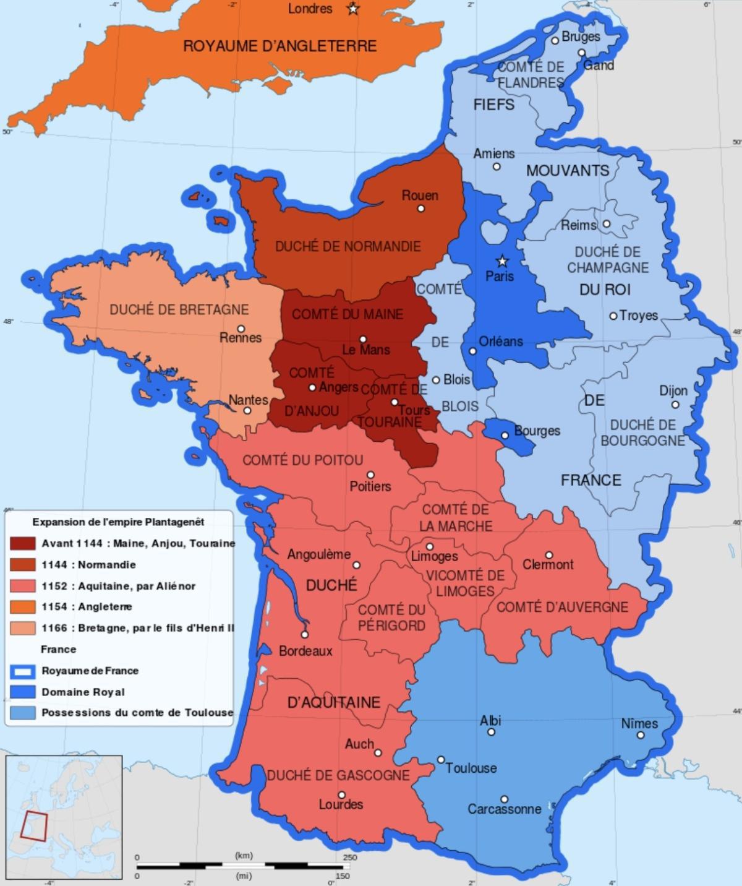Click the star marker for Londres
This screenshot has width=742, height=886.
[353, 9]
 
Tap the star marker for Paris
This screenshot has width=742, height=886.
[502, 261]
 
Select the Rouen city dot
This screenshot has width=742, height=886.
[421, 209]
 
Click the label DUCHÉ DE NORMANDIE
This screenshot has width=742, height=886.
[348, 246]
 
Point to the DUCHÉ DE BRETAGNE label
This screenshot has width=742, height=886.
[179, 309]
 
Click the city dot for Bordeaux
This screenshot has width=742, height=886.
[305, 634]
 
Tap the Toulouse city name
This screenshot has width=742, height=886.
[471, 768]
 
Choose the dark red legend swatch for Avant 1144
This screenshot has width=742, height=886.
[23, 543]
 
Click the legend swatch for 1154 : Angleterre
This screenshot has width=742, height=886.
[23, 607]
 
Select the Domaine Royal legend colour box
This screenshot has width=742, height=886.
[23, 692]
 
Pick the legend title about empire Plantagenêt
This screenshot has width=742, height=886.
[118, 522]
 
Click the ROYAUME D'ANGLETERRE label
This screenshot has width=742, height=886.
[279, 46]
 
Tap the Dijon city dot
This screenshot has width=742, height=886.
[675, 405]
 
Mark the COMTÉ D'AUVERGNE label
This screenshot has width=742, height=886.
[562, 607]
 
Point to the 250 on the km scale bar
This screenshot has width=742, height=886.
[350, 858]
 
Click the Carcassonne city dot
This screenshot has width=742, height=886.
[505, 799]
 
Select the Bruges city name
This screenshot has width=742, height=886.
[581, 37]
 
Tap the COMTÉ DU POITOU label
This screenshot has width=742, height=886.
[302, 460]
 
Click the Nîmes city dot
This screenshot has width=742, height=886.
[641, 735]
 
